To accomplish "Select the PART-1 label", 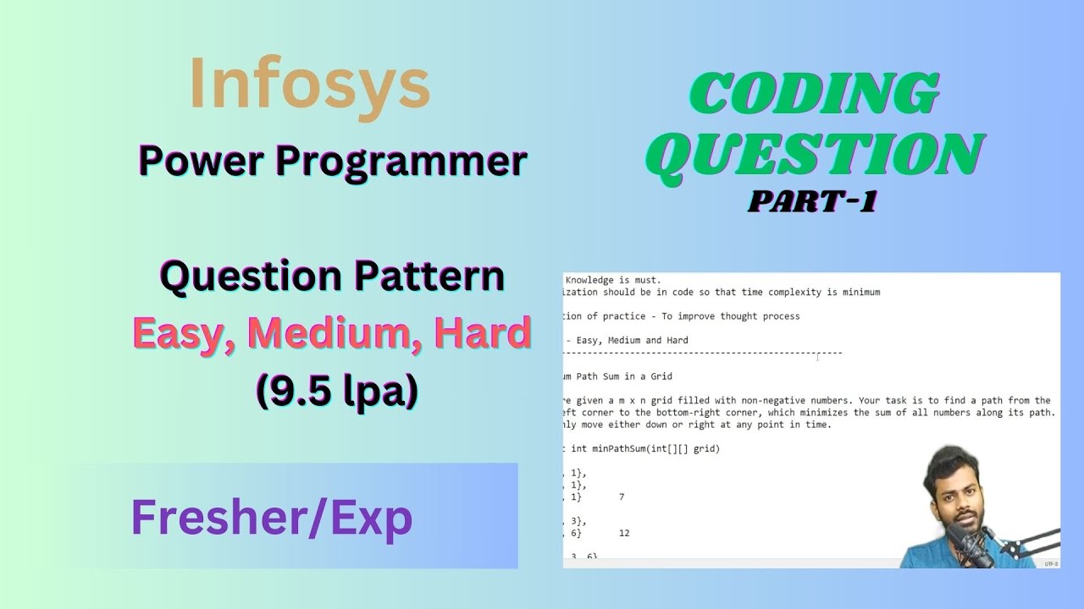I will (x=811, y=202).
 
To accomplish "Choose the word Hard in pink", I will (x=483, y=334).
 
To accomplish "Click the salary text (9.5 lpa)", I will (x=336, y=391).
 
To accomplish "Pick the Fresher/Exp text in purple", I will (x=271, y=517).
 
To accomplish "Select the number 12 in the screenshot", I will (x=624, y=534).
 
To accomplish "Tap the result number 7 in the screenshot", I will (x=622, y=497).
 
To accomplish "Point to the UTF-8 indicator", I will (x=1050, y=563).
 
